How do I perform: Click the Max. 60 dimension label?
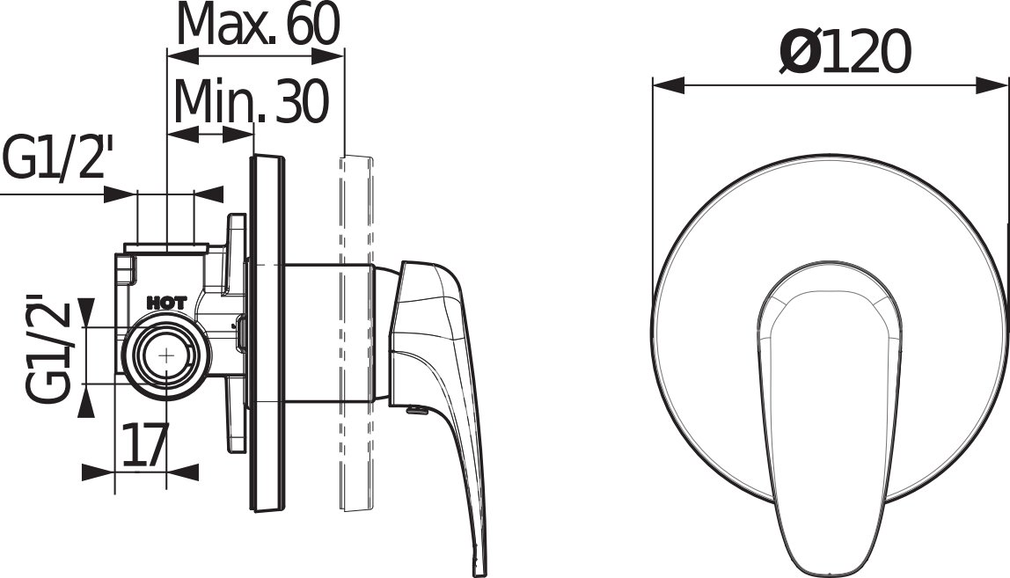259,24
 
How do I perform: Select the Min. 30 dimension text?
252,102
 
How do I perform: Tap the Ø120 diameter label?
845,51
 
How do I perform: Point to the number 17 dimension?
145,444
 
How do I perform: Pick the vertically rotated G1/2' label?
47,349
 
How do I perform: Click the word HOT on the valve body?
167,303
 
